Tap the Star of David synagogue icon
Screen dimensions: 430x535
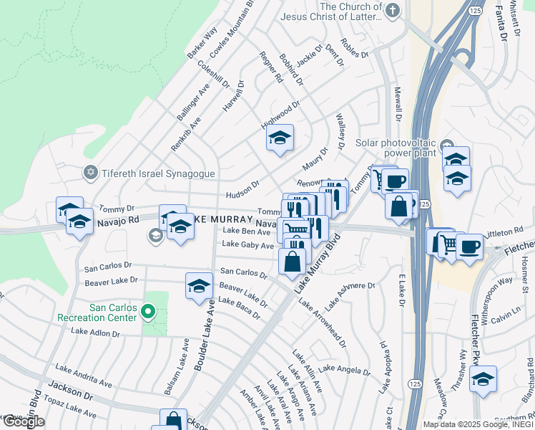tap(91, 172)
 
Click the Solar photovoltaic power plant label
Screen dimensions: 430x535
tap(409, 148)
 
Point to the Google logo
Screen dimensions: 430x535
tap(24, 421)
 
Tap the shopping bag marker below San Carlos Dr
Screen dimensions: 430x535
tap(293, 262)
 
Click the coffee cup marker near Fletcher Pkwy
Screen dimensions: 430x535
tap(470, 247)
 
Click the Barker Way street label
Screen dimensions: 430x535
tap(202, 43)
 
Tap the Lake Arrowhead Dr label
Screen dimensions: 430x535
tap(322, 322)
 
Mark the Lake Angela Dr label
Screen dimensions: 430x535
tap(344, 369)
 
